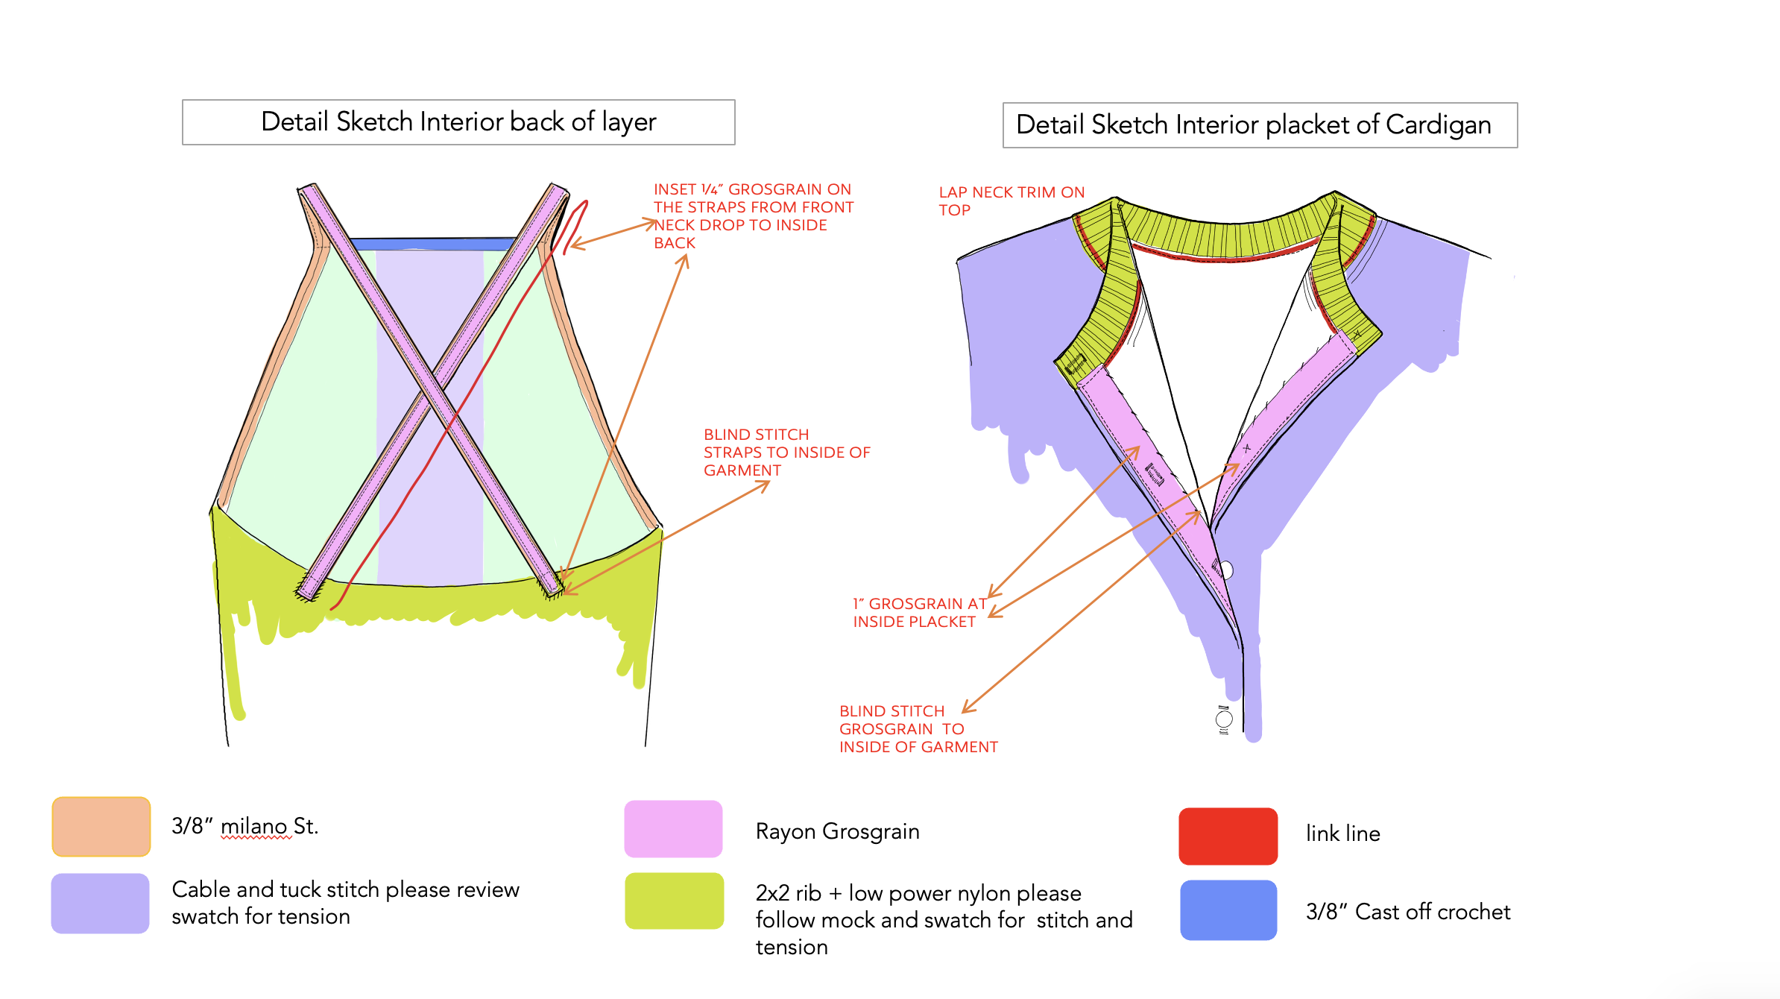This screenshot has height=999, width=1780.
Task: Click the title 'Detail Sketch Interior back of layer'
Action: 458,122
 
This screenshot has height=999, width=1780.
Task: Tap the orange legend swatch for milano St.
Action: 101,827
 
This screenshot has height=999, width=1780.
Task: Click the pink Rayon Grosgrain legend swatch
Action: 673,829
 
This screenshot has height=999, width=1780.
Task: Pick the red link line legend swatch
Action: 1228,836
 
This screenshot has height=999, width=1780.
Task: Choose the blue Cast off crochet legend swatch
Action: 1228,910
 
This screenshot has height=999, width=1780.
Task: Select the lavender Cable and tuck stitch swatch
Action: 101,903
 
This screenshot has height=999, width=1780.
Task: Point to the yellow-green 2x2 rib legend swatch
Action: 674,901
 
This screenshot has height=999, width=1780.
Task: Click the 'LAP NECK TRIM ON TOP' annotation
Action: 1011,201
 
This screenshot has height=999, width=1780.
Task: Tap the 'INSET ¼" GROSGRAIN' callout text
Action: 753,216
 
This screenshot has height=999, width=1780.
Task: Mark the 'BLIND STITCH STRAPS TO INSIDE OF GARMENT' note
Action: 786,453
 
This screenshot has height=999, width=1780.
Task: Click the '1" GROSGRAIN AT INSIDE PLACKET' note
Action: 919,613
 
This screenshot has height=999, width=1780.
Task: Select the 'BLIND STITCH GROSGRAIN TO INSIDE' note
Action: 918,729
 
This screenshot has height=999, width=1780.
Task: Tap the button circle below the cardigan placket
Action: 1223,719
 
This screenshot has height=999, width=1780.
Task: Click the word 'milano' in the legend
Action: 255,826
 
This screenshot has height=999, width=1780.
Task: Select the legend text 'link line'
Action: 1342,833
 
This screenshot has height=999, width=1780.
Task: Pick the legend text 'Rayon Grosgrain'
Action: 837,831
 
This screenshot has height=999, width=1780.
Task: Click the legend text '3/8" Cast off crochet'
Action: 1407,912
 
